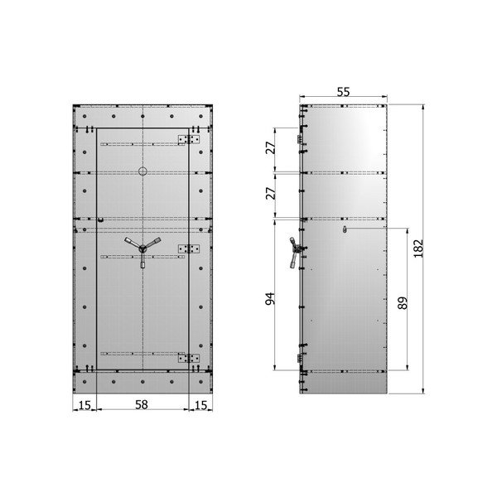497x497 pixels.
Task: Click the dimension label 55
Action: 343,92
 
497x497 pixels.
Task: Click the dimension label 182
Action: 418,248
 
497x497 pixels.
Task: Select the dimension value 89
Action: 403,303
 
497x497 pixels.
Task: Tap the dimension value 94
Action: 270,298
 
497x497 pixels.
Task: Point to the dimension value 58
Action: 142,404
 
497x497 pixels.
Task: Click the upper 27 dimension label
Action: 270,147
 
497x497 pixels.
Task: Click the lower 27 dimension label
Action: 270,193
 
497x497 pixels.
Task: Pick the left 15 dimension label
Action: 84,405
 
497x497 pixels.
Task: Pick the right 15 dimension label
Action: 200,405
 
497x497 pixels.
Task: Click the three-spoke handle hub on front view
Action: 142,248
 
